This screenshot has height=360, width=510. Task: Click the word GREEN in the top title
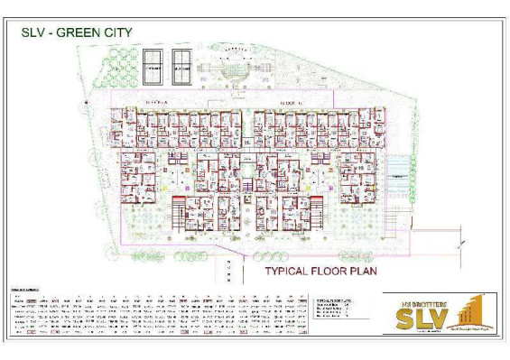(82, 32)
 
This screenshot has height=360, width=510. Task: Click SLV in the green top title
(35, 32)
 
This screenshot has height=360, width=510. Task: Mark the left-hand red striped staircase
(180, 196)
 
